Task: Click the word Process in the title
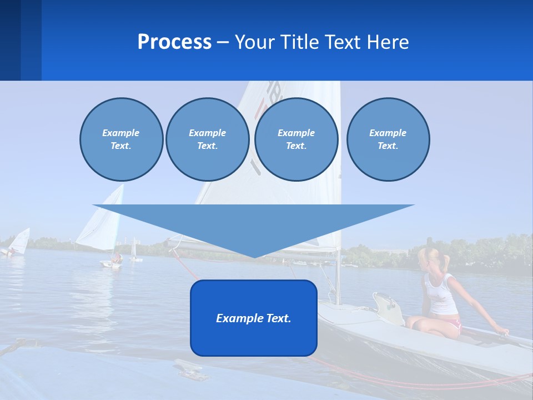pyautogui.click(x=174, y=42)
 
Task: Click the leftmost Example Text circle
pyautogui.click(x=121, y=139)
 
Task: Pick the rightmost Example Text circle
pyautogui.click(x=388, y=139)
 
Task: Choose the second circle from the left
pyautogui.click(x=208, y=139)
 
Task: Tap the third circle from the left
pyautogui.click(x=296, y=139)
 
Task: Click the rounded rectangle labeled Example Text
pyautogui.click(x=254, y=318)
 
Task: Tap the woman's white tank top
pyautogui.click(x=441, y=294)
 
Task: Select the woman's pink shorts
pyautogui.click(x=452, y=323)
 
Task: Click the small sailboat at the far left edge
pyautogui.click(x=18, y=242)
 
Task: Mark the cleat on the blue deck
pyautogui.click(x=190, y=369)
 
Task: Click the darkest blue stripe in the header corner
pyautogui.click(x=10, y=40)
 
